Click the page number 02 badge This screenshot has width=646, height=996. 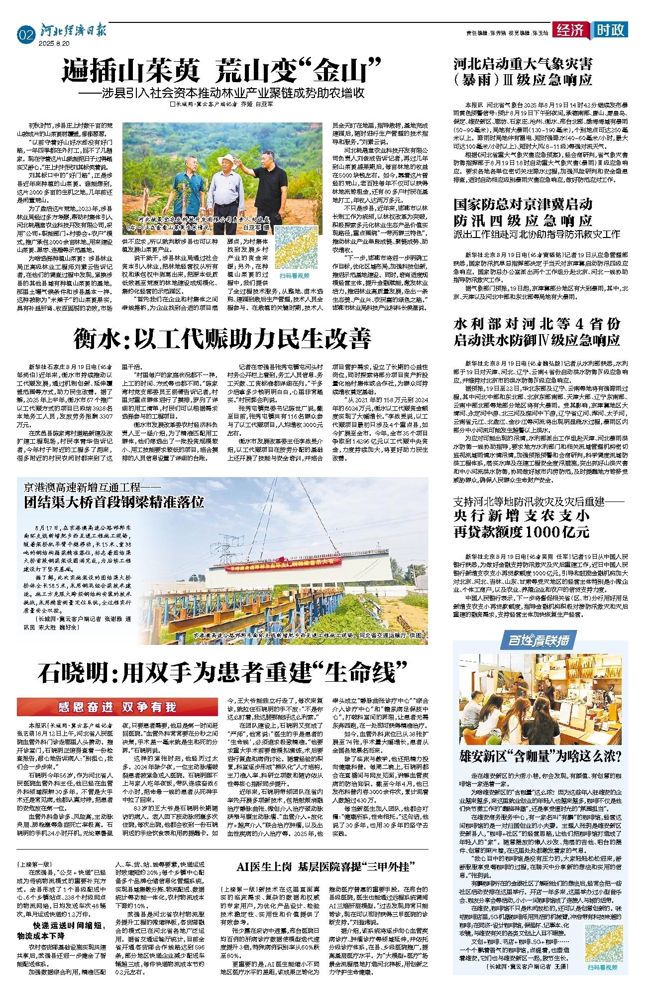(x=25, y=35)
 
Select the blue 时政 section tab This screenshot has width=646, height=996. (x=610, y=30)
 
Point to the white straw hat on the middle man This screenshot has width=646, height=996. (x=229, y=161)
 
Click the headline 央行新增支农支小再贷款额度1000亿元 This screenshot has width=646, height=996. (x=522, y=521)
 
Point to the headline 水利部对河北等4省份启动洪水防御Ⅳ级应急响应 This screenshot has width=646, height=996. (x=537, y=332)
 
